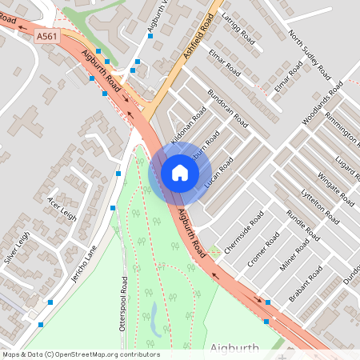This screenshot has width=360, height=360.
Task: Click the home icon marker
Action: click(x=180, y=173)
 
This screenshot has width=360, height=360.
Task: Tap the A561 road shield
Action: click(x=46, y=37)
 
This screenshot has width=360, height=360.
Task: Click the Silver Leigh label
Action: click(x=16, y=247)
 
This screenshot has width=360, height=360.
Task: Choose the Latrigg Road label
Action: click(x=239, y=30)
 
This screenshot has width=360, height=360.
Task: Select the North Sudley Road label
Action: click(x=310, y=54)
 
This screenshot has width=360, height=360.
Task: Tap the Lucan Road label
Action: click(x=219, y=174)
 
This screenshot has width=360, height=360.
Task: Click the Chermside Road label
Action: click(x=245, y=232)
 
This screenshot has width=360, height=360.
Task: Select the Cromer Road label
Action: click(x=262, y=250)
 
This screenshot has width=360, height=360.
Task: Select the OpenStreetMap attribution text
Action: click(x=81, y=354)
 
